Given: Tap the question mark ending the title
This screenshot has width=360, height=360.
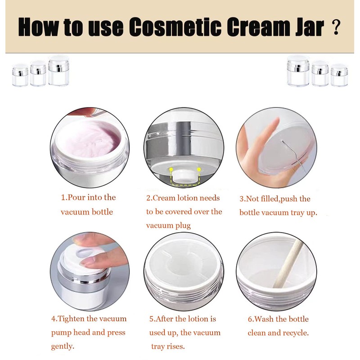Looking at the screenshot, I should point(335,28).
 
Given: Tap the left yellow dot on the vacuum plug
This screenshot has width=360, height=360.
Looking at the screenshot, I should point(171,169).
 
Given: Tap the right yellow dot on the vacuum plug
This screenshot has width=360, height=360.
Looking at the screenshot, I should point(198,169).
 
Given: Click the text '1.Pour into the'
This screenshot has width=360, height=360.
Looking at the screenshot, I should point(88,198).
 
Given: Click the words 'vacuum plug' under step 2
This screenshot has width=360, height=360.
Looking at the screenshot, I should point(168,225).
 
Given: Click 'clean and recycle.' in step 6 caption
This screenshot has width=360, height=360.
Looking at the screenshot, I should point(278,333).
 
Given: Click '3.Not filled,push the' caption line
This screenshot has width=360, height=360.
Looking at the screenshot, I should point(275,198).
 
